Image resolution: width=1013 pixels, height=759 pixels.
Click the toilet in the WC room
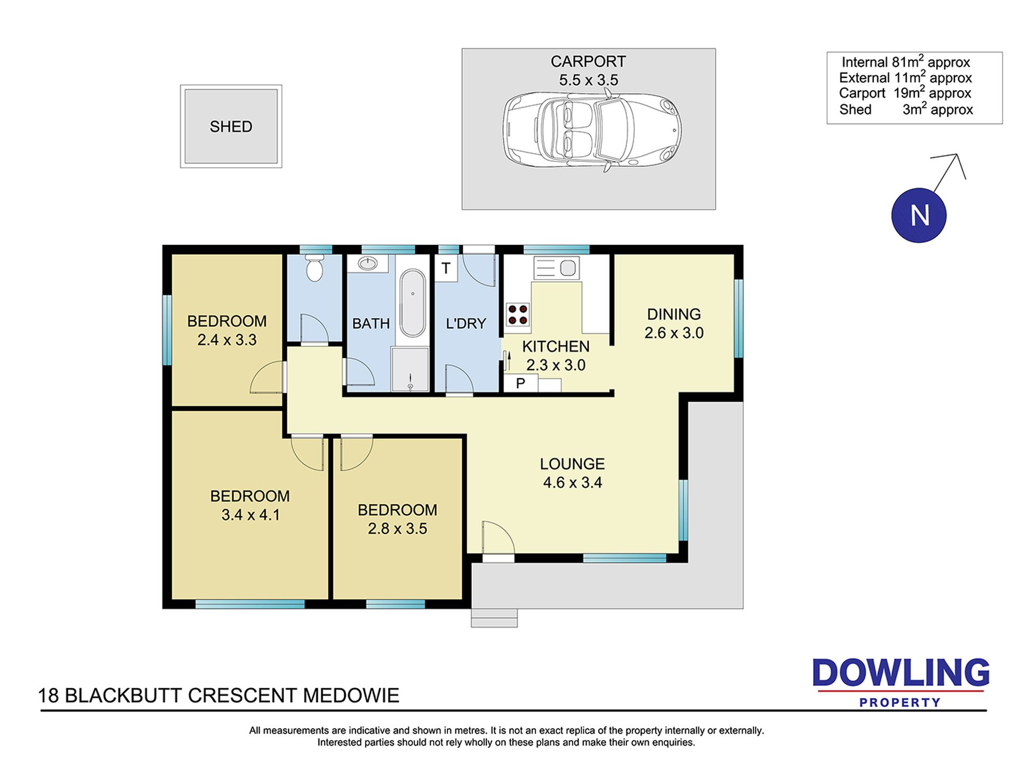315,268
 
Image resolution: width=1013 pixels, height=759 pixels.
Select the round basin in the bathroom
367,263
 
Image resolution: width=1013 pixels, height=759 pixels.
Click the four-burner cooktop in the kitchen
518,314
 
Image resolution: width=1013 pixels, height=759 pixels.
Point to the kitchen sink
556,267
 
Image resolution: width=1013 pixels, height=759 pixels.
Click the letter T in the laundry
446,267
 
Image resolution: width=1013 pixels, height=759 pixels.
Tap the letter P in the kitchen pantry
520,383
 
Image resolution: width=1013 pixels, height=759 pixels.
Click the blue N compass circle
919,215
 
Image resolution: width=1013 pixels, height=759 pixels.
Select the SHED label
231,127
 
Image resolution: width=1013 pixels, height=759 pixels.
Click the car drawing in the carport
592,129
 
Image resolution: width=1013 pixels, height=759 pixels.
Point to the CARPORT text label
588,62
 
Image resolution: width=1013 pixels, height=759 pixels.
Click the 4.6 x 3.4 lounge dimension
573,483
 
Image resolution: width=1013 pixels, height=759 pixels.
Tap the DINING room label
674,314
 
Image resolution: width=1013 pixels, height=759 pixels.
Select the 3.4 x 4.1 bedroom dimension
251,515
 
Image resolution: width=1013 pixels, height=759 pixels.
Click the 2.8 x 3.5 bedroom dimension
397,529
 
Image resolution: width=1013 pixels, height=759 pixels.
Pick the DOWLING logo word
901,673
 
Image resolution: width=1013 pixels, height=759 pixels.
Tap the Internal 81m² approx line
906,62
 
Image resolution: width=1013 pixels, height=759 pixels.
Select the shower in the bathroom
410,370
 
